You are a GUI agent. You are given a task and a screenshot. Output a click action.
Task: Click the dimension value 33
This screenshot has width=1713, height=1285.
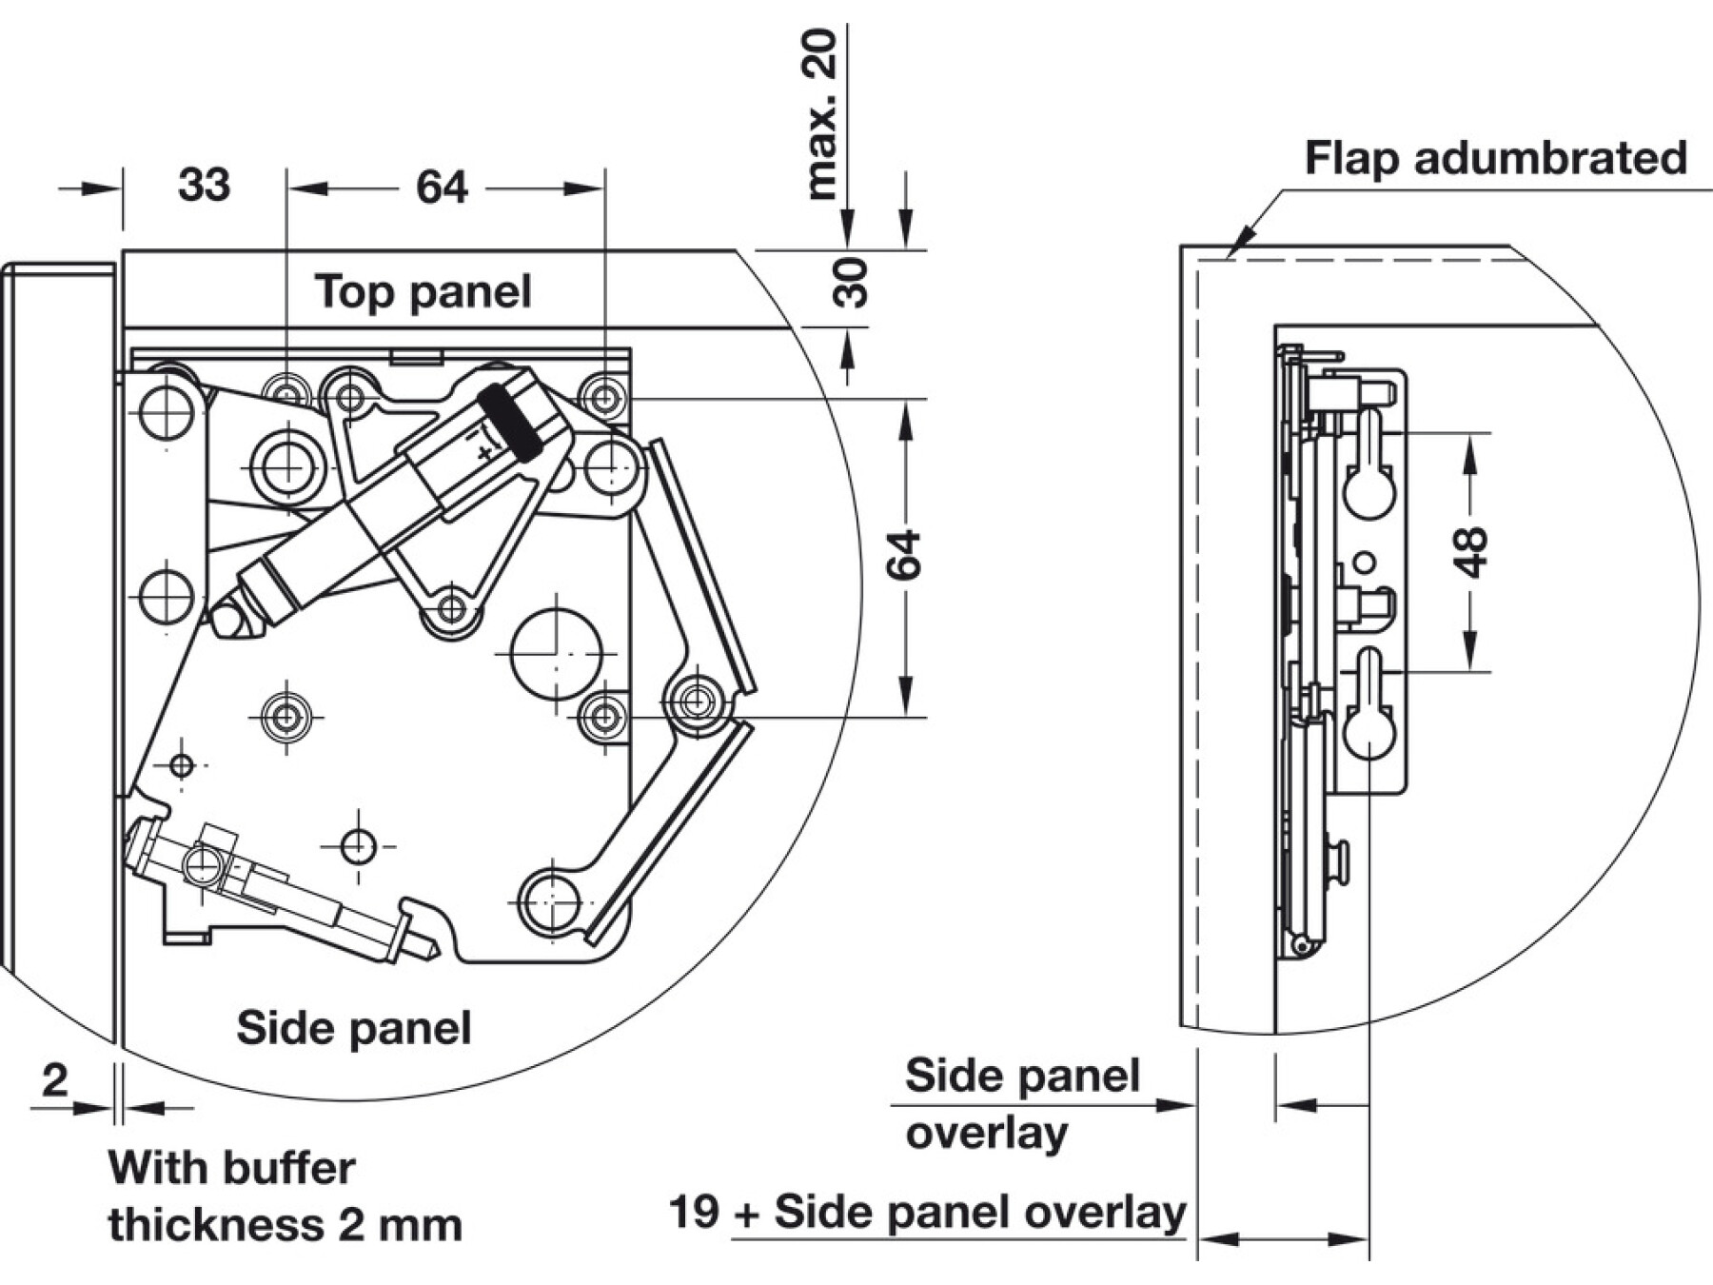pyautogui.click(x=204, y=185)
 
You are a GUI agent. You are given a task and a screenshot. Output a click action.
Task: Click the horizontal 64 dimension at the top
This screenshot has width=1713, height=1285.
pyautogui.click(x=443, y=188)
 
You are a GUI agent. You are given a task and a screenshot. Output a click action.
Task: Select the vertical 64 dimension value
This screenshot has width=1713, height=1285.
pyautogui.click(x=903, y=555)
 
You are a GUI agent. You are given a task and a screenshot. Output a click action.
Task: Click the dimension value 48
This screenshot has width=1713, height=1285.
pyautogui.click(x=1470, y=552)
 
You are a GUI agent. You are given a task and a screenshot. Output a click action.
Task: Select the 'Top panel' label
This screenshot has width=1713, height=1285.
pyautogui.click(x=423, y=291)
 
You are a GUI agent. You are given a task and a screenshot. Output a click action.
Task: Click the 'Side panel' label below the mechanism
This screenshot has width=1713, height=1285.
pyautogui.click(x=354, y=1028)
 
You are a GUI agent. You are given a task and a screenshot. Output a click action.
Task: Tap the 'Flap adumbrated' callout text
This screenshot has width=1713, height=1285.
pyautogui.click(x=1495, y=158)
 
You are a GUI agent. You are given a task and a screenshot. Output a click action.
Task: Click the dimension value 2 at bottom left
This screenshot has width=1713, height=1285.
pyautogui.click(x=55, y=1081)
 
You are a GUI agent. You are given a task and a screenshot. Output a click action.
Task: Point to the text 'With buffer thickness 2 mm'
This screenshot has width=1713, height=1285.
pyautogui.click(x=285, y=1196)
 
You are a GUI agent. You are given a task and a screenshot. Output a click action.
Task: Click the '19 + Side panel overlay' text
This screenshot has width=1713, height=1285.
pyautogui.click(x=928, y=1213)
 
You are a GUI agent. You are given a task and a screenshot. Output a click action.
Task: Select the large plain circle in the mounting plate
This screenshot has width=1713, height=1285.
pyautogui.click(x=557, y=654)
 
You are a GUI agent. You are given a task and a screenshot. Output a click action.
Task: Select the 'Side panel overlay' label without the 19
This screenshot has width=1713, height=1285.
pyautogui.click(x=1021, y=1104)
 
